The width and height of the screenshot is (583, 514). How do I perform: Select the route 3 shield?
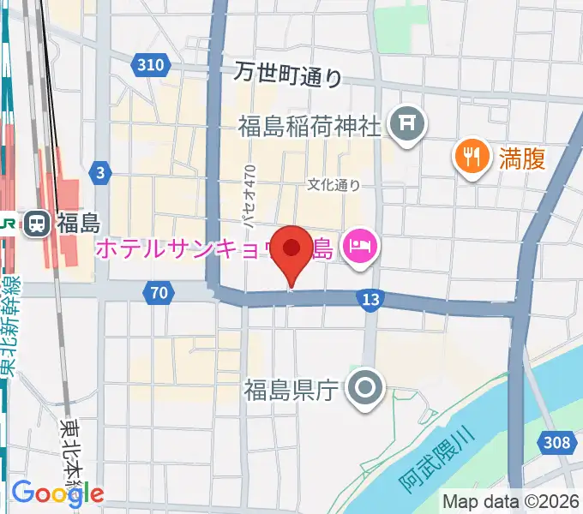[x=101, y=174]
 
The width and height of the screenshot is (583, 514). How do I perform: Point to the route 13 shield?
[x=370, y=299]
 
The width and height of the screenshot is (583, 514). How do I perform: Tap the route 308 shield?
[x=556, y=442]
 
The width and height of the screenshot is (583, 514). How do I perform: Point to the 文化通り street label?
[x=334, y=184]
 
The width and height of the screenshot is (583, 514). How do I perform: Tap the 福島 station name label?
[x=79, y=224]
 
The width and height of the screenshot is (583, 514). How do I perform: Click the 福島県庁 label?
[x=292, y=391]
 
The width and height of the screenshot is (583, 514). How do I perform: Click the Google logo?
[x=57, y=493]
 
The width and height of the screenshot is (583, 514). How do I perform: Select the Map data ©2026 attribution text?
[x=510, y=501]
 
